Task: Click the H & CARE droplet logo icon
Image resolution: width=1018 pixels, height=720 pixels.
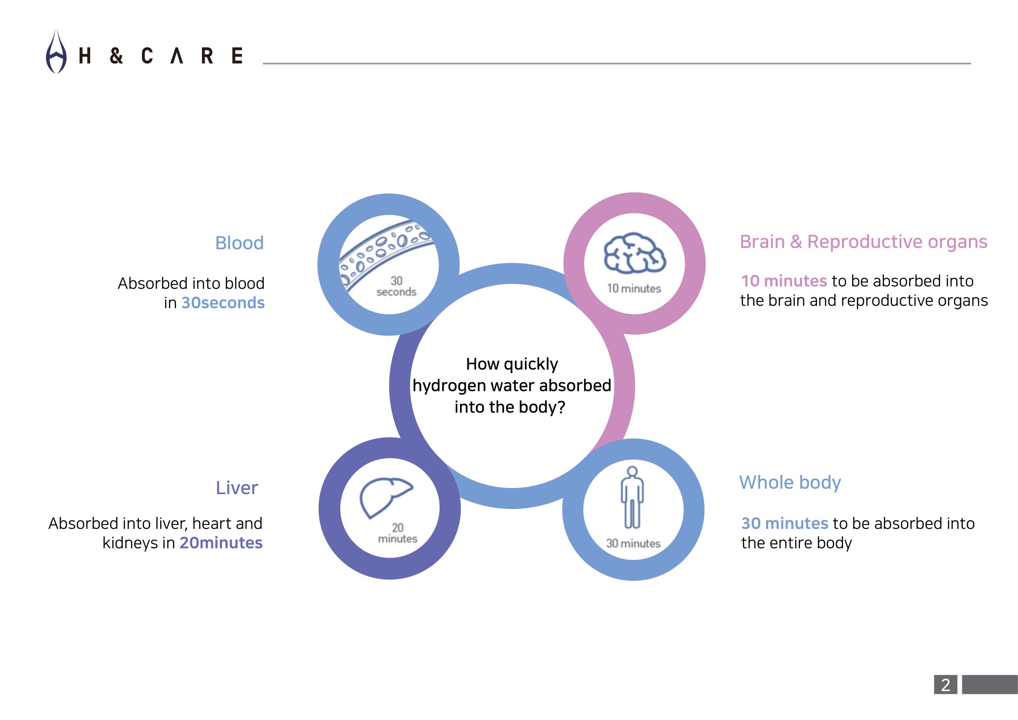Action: click(56, 51)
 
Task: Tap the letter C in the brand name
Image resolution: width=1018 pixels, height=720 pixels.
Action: click(147, 56)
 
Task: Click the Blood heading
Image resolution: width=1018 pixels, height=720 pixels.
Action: click(239, 243)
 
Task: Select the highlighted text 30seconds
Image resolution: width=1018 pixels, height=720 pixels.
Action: click(223, 303)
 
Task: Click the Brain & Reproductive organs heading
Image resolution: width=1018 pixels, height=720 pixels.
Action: click(863, 242)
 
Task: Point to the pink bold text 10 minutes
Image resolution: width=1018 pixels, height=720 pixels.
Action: click(784, 281)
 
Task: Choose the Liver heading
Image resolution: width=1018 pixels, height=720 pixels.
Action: click(237, 488)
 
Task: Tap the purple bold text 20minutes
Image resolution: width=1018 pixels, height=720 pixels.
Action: click(221, 543)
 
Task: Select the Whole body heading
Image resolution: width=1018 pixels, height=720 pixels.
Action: click(790, 483)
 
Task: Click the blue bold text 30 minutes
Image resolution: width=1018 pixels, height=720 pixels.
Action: click(784, 524)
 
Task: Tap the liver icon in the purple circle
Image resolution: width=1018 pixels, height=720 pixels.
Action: click(386, 498)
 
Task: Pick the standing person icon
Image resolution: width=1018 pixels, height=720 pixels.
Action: click(632, 498)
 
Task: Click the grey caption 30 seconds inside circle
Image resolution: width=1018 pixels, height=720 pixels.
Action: click(396, 286)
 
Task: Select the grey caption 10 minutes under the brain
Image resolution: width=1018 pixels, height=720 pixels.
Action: click(634, 289)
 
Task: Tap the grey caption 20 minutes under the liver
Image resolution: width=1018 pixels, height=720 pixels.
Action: click(398, 533)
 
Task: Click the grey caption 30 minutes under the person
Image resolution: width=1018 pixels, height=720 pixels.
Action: click(633, 544)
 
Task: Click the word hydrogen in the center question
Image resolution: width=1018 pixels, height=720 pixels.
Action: click(449, 386)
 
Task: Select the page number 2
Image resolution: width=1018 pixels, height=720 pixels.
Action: click(946, 685)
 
